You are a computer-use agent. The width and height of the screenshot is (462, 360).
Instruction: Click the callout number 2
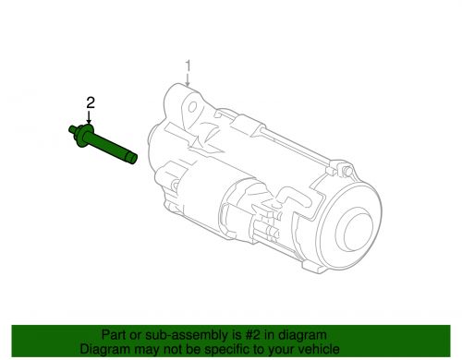coord(90,103)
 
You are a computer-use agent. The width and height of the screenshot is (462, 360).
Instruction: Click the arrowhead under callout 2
coord(90,122)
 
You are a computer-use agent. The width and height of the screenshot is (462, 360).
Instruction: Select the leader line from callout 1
coord(188,78)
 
